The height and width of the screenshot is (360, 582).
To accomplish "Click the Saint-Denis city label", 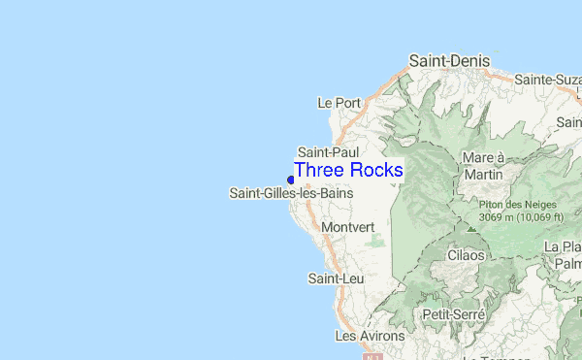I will point(448,60).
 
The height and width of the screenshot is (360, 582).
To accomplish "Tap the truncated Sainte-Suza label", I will point(548,80).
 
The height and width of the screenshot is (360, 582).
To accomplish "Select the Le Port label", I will point(339,102).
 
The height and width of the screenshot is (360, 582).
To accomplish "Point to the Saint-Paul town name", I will point(328,152).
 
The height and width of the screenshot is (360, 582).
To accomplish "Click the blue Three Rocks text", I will point(348,170).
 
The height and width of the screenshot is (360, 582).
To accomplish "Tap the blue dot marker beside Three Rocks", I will point(290,179).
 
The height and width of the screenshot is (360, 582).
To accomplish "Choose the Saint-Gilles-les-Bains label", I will point(291,193).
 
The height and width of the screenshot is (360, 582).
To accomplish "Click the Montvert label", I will point(346,227).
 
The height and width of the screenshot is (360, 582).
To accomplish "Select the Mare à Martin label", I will point(485,166).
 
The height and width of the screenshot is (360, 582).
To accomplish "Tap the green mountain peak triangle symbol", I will point(471,228).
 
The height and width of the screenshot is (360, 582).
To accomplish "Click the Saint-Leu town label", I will point(330,278).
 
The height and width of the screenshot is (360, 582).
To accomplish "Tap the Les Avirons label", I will point(370,336).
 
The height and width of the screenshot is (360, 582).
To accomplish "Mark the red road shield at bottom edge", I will point(372,356).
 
